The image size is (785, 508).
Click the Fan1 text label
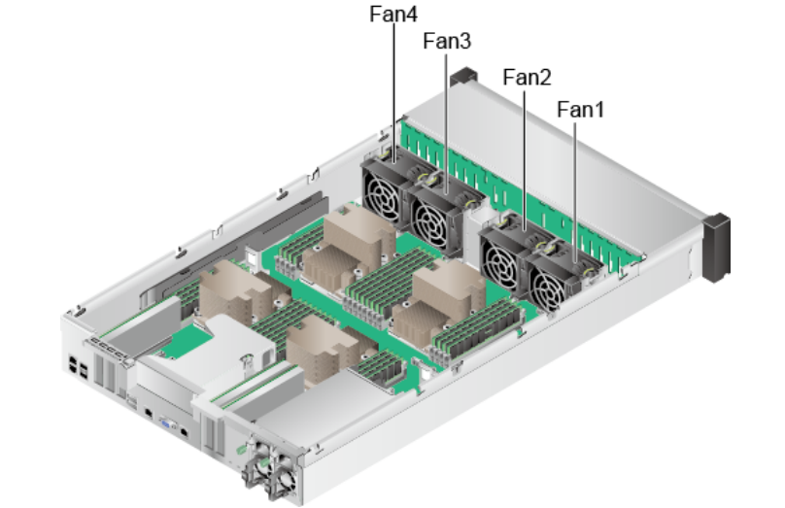click(x=581, y=110)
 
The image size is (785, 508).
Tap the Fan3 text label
click(x=448, y=43)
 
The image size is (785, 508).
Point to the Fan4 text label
click(x=393, y=15)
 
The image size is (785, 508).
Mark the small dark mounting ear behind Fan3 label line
click(x=467, y=75)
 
